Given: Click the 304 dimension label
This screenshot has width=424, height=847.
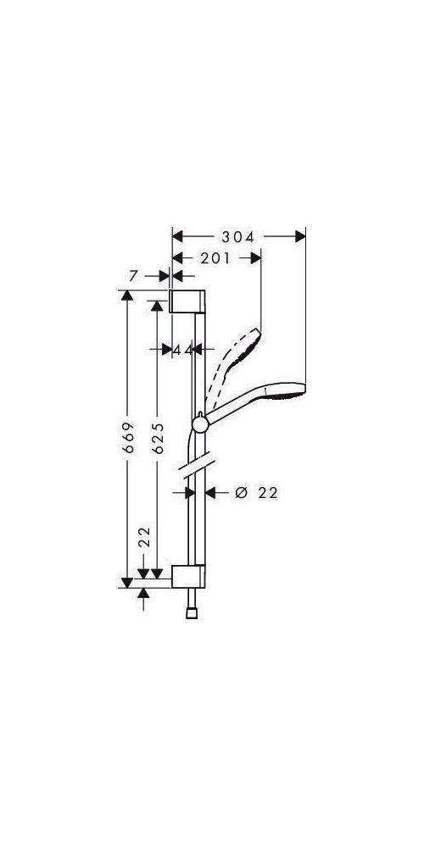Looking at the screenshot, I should [x=238, y=237].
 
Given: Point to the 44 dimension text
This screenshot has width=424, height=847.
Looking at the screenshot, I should [x=182, y=348].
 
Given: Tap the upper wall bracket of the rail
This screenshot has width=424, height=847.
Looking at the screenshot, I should [x=188, y=302].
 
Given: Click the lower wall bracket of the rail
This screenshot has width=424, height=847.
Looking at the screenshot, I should [x=187, y=576].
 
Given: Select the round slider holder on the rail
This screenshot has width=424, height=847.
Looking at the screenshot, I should [x=199, y=423].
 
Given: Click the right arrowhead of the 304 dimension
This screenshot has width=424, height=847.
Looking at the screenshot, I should [x=299, y=237].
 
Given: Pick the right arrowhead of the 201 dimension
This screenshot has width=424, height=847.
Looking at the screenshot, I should [x=255, y=258].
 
